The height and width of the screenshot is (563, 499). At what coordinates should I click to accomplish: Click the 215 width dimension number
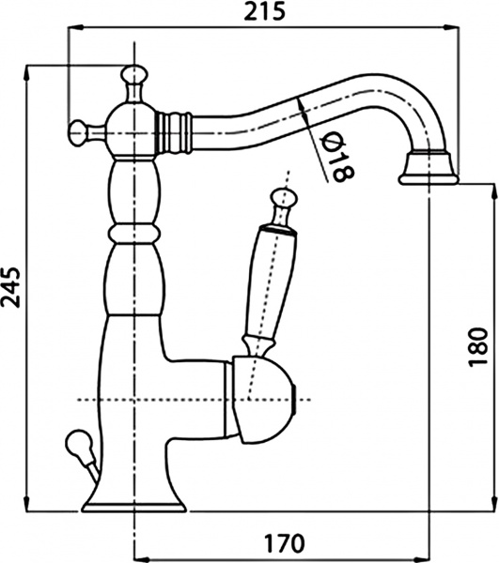tap(265, 12)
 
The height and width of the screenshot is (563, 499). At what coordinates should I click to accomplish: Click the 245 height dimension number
tap(11, 287)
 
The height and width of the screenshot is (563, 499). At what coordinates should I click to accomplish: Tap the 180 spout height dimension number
tap(478, 347)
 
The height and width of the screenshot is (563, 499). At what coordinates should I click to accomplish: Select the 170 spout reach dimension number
tap(285, 543)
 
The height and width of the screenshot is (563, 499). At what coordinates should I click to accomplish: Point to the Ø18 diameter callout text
tap(336, 157)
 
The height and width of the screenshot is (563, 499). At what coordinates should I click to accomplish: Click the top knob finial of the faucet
tap(134, 75)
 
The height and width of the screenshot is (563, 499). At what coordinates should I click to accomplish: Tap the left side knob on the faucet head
tap(79, 133)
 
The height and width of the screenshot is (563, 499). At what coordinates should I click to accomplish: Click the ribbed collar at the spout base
tap(173, 133)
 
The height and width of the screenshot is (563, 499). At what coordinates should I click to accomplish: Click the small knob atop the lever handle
tap(284, 198)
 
